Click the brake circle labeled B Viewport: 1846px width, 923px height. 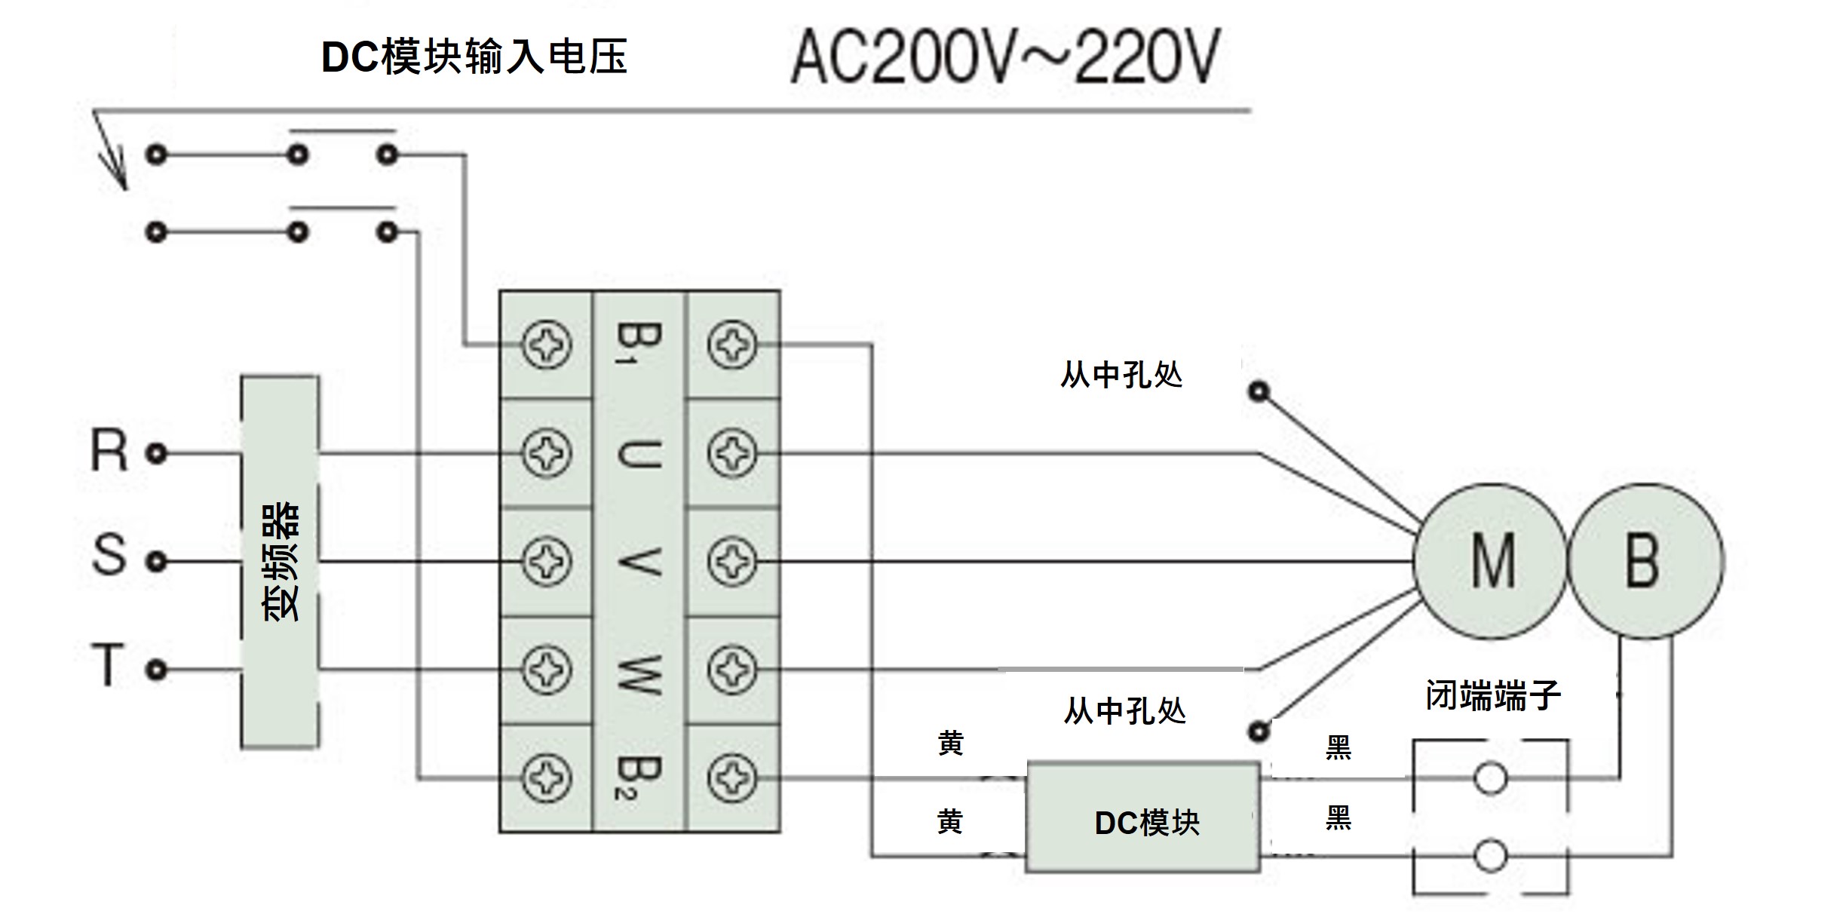pos(1645,561)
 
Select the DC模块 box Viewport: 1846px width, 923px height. pos(1143,818)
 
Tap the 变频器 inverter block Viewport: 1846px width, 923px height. pos(280,561)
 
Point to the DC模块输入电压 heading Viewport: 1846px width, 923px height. pos(474,57)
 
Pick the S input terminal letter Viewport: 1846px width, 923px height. pos(109,556)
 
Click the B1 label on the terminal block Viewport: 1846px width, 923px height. pos(638,344)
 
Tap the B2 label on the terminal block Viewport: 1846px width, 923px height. pos(638,777)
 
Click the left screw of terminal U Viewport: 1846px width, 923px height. pos(546,453)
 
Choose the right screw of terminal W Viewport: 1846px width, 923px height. pos(731,669)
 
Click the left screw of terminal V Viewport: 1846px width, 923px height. pos(546,561)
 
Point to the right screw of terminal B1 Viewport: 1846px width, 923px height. pos(731,345)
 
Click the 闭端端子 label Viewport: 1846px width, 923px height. pos(1493,695)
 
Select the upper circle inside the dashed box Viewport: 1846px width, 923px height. pos(1490,778)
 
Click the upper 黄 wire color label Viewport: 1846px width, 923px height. pos(951,744)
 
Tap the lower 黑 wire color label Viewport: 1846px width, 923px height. pos(1339,818)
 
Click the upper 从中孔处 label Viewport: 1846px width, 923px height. pos(1121,375)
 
